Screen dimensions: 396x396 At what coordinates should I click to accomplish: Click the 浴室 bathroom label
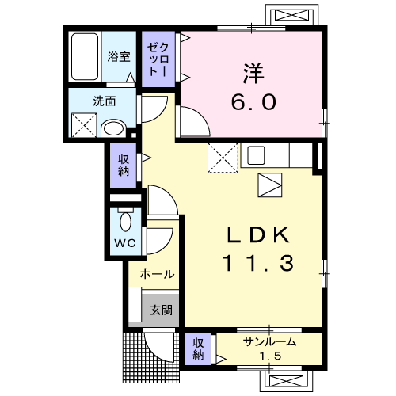(x=119, y=57)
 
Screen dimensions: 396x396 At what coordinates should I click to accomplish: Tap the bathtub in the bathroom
(x=85, y=56)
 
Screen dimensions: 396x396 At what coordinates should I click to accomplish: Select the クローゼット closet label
(x=158, y=60)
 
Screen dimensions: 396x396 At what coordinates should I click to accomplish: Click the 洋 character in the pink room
(x=253, y=73)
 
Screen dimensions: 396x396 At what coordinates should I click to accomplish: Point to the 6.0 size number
(x=253, y=102)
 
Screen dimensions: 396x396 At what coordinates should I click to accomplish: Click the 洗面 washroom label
(x=105, y=101)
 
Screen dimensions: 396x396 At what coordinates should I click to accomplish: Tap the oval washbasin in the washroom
(x=114, y=129)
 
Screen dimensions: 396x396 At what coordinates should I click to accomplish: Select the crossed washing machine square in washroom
(x=85, y=125)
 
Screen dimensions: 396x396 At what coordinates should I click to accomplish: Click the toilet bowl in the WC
(x=125, y=221)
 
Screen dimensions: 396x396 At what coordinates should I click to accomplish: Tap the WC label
(x=125, y=243)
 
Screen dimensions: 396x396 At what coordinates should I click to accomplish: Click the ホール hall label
(x=157, y=275)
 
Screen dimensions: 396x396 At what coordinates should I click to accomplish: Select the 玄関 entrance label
(x=161, y=310)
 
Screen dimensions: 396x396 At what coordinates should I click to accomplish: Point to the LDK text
(x=258, y=234)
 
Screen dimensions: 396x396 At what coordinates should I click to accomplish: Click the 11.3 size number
(x=258, y=263)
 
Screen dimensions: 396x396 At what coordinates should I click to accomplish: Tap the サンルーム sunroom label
(x=269, y=342)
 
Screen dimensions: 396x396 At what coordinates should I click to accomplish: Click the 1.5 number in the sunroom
(x=270, y=356)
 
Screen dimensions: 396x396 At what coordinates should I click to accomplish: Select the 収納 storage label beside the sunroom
(x=198, y=349)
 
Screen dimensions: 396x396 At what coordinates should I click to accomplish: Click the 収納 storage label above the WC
(x=124, y=166)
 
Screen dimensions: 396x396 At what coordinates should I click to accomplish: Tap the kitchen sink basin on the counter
(x=256, y=155)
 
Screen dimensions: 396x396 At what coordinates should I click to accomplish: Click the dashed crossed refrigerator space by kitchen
(x=223, y=158)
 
